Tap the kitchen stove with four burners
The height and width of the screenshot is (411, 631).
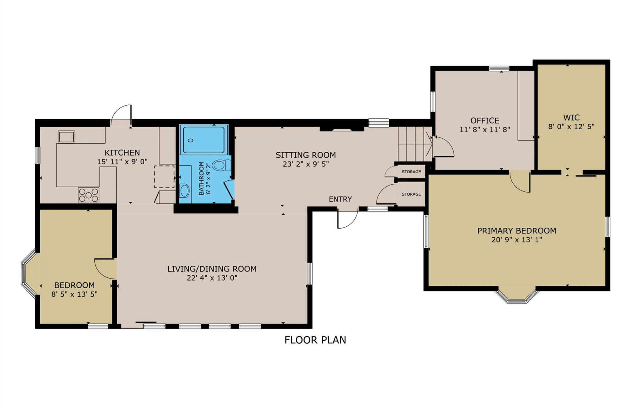[x=88, y=195]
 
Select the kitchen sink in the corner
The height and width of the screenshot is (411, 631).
[x=66, y=137]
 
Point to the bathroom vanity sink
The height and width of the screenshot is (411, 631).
[x=185, y=191]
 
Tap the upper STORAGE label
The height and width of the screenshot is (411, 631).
[x=411, y=172]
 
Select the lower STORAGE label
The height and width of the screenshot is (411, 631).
[x=411, y=194]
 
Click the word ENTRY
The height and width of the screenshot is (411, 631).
[x=340, y=199]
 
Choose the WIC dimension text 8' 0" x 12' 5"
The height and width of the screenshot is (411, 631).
[x=571, y=126]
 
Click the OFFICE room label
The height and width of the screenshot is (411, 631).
[x=485, y=120]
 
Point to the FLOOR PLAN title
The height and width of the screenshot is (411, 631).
[x=315, y=340]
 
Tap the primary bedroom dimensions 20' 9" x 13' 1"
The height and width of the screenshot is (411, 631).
[x=517, y=240]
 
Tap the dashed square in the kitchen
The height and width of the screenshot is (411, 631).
[x=164, y=177]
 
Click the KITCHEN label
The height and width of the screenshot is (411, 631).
[x=122, y=153]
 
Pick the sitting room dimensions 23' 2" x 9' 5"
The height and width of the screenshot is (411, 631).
[x=306, y=164]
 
